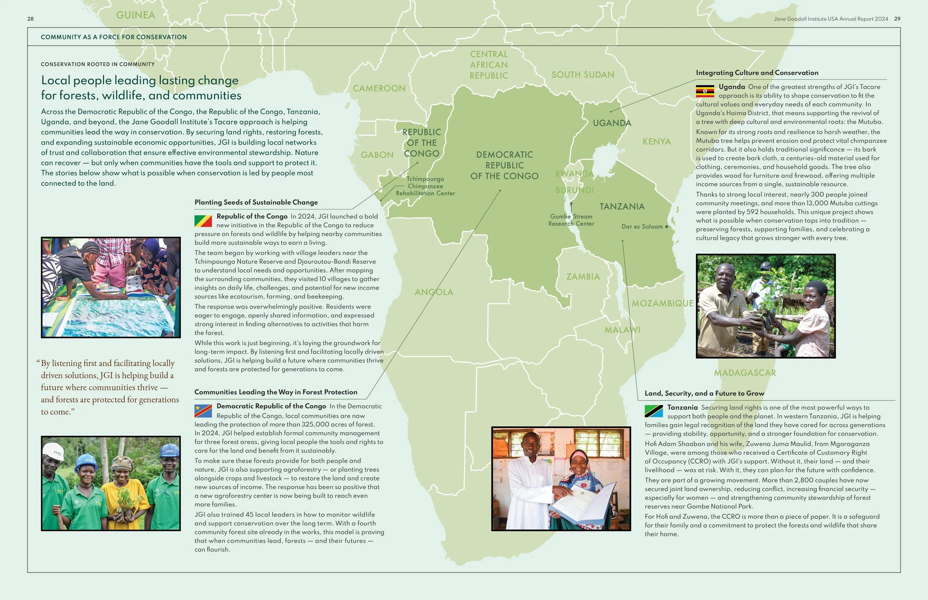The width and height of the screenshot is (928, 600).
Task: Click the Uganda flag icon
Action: (705, 91)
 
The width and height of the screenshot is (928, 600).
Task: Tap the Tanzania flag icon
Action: (654, 411)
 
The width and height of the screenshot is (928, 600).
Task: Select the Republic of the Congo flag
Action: (203, 221)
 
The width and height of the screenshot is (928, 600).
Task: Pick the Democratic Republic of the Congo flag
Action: (203, 411)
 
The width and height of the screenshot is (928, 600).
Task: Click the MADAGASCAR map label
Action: (745, 373)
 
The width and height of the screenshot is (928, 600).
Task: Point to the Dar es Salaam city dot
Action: (666, 227)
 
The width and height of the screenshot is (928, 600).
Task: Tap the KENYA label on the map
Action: (657, 141)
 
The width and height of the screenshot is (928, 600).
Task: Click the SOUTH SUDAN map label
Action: (582, 75)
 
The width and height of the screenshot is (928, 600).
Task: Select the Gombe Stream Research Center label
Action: (571, 220)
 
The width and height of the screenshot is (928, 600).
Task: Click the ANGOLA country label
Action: (434, 292)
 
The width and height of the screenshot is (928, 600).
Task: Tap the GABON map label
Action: (377, 155)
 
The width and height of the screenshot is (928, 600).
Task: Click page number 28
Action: (30, 19)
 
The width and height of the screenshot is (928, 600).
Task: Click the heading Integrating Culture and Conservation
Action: (757, 73)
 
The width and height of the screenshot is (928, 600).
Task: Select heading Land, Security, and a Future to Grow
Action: (704, 393)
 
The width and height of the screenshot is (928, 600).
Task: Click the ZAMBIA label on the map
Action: (583, 277)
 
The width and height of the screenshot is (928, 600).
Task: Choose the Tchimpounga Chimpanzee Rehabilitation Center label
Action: (425, 186)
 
